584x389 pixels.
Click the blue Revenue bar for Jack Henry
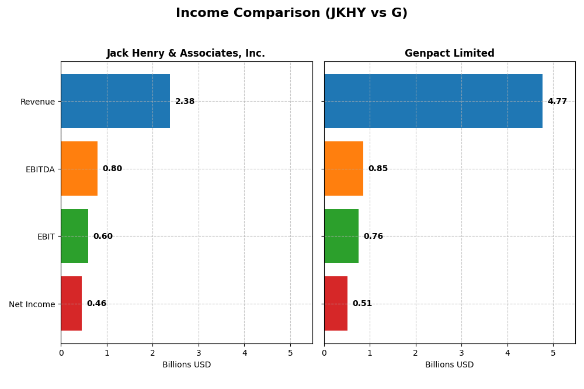point(115,101)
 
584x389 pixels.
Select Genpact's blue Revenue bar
point(433,101)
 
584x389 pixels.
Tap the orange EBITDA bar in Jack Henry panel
point(79,168)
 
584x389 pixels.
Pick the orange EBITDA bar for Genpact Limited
point(343,168)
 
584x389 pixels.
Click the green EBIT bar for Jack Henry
point(74,236)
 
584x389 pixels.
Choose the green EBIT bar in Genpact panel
point(341,236)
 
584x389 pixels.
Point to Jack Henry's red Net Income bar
point(71,303)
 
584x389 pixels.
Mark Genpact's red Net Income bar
point(336,303)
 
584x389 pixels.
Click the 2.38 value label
point(185,102)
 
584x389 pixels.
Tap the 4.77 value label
point(557,102)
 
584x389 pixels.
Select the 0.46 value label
point(96,304)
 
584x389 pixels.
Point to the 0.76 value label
point(373,237)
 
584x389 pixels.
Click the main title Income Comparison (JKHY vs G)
point(291,13)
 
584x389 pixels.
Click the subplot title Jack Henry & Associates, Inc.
point(186,54)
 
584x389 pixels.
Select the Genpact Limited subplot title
point(449,54)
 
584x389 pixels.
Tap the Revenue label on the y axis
point(37,102)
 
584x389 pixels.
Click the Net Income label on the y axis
point(32,304)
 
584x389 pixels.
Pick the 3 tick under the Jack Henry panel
point(199,353)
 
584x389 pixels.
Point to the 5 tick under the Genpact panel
point(553,353)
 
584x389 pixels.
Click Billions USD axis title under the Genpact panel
point(449,365)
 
